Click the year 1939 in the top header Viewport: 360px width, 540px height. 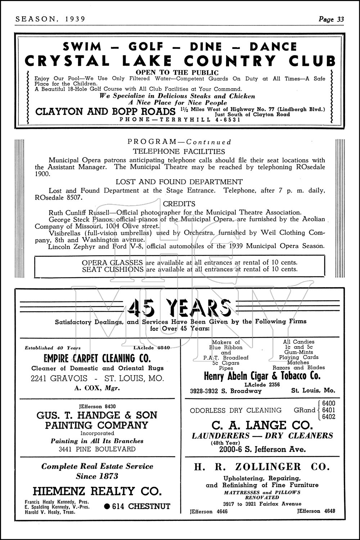click(x=75, y=19)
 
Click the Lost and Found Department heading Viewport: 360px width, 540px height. click(x=179, y=182)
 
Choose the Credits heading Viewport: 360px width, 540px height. click(x=179, y=204)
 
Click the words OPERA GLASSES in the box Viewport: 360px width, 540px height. click(x=112, y=262)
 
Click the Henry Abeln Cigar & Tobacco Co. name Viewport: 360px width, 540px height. click(x=262, y=377)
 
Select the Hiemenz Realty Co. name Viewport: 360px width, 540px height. click(x=97, y=491)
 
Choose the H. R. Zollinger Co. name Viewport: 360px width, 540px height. click(x=262, y=467)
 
